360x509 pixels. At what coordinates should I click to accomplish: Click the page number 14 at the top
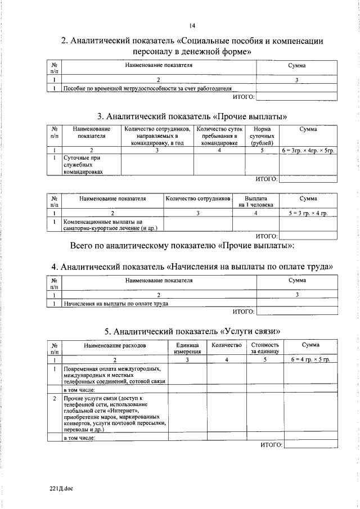(192, 25)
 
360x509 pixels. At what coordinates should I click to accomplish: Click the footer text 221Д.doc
(61, 488)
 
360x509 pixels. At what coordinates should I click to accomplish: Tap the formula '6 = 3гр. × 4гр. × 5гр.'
(308, 151)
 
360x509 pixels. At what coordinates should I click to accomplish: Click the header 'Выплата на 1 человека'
(255, 202)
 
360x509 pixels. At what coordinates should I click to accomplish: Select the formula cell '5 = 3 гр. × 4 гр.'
(308, 213)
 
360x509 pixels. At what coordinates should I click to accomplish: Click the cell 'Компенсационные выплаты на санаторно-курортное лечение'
(110, 225)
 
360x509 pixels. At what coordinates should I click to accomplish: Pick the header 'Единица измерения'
(187, 348)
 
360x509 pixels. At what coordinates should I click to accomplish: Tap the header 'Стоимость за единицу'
(264, 348)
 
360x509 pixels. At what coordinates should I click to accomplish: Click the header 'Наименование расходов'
(115, 344)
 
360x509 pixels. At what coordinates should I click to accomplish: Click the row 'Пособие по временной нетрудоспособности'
(147, 88)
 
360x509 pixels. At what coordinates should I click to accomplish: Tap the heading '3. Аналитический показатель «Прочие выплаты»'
(192, 117)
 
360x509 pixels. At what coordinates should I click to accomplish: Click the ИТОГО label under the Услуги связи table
(271, 444)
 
